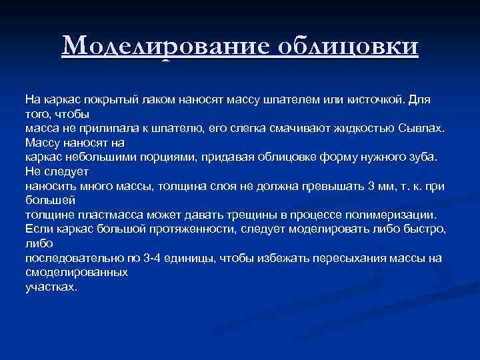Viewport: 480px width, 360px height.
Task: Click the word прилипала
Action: pyautogui.click(x=98, y=127)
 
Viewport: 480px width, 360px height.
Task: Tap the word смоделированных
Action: pyautogui.click(x=77, y=273)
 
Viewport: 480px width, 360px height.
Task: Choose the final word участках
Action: pyautogui.click(x=51, y=287)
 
